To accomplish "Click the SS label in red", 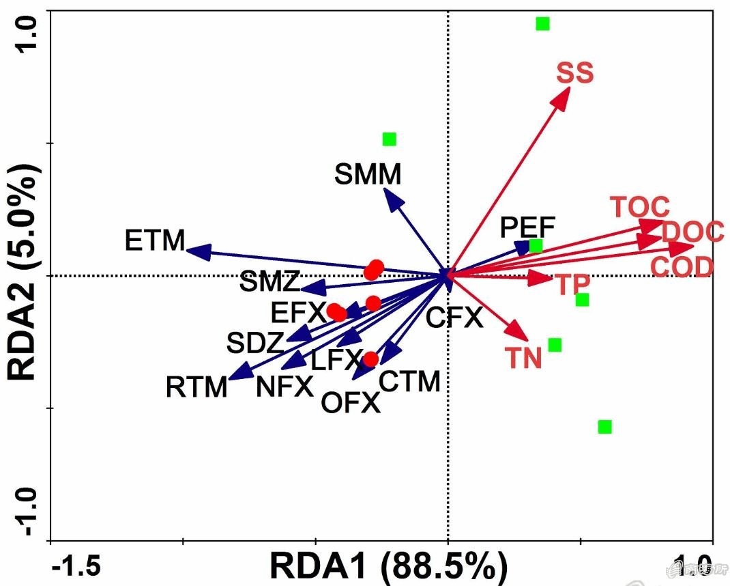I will (x=574, y=72).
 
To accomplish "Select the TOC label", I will (x=639, y=207).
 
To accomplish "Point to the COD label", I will (x=682, y=267).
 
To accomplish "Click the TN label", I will (x=523, y=358).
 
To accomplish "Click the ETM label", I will (x=156, y=240).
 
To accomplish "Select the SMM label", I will (x=368, y=176).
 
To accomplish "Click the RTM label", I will (x=196, y=388).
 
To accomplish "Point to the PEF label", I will (x=527, y=227).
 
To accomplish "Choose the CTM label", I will (x=409, y=382).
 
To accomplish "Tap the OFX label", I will (x=350, y=404).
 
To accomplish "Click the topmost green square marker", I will (x=542, y=24).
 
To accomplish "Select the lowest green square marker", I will (x=604, y=427).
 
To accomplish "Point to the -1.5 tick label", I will (x=76, y=566).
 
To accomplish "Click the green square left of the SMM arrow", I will (x=389, y=139).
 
